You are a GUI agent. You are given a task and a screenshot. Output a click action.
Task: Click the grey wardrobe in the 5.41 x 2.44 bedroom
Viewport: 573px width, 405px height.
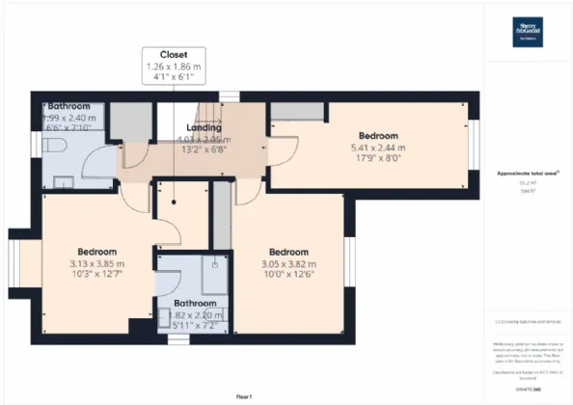290,111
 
